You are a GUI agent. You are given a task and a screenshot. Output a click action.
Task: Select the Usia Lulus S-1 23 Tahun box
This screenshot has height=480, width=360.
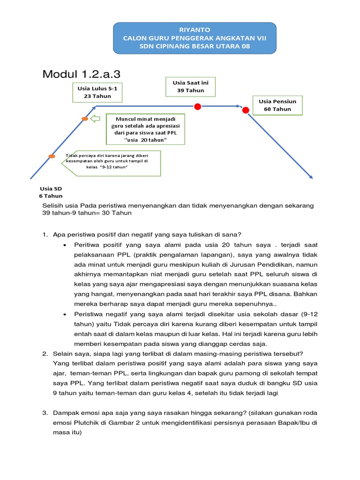point(97,92)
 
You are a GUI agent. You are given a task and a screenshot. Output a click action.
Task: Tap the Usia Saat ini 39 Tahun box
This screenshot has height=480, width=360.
point(190,86)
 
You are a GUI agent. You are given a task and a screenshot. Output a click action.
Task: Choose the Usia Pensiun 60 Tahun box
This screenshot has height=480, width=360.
point(277,105)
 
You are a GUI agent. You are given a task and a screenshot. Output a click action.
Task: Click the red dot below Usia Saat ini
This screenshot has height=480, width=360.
point(197,106)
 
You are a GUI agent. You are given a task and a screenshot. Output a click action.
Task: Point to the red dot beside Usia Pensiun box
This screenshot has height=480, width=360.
point(245,110)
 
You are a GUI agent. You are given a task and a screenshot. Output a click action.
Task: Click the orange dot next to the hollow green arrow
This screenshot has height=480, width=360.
point(85,119)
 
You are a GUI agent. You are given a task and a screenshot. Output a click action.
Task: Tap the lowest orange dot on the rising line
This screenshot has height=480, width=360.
point(52,156)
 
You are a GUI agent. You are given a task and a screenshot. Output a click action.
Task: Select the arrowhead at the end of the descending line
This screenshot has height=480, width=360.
point(310,177)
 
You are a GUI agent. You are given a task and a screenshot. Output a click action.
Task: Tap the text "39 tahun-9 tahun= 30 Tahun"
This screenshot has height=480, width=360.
point(87,213)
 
